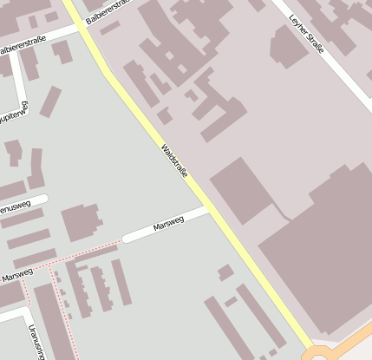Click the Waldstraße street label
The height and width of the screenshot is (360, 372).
point(174,162)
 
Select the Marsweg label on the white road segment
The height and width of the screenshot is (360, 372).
point(168,224)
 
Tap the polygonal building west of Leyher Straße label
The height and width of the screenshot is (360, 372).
point(290,48)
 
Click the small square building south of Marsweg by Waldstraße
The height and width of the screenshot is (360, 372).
point(225,272)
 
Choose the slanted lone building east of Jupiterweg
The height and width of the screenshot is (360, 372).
point(51,101)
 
